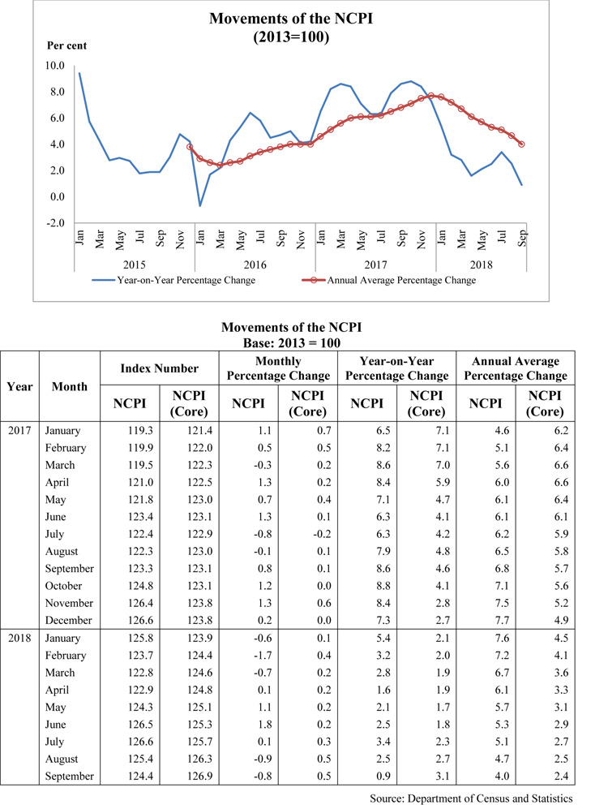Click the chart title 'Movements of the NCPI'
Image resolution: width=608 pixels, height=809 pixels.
tap(291, 19)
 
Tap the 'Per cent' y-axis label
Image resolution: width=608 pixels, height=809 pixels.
tap(66, 45)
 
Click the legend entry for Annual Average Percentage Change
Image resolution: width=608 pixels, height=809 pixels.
tap(400, 281)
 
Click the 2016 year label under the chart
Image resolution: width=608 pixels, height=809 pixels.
tap(255, 264)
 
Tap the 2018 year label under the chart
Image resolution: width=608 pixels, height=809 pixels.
tap(480, 264)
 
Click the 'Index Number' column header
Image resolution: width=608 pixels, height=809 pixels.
tap(159, 368)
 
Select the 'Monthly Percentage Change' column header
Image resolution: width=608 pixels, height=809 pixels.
tap(278, 368)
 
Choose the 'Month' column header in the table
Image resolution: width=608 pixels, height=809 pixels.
tap(69, 386)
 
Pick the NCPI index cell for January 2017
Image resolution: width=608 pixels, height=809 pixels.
tap(129, 430)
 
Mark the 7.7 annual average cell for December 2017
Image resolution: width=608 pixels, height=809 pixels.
tap(483, 620)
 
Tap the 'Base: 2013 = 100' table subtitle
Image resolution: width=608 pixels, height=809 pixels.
tap(291, 343)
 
